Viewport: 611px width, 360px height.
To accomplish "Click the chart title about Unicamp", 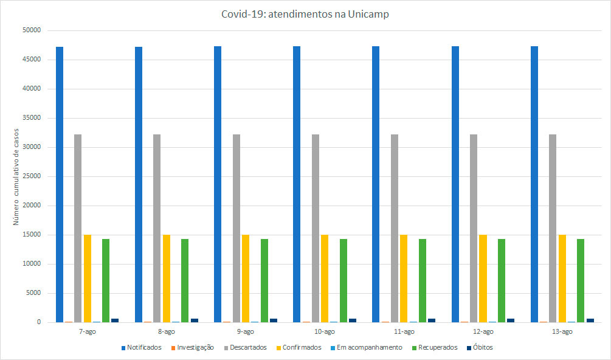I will [305, 15].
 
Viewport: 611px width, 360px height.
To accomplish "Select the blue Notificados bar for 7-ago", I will [60, 182].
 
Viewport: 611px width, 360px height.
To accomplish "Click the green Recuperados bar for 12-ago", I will [502, 280].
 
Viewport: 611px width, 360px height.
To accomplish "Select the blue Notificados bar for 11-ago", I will [376, 182].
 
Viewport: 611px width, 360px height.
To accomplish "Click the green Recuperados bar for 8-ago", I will [185, 280].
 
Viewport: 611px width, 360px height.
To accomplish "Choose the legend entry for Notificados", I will [142, 348].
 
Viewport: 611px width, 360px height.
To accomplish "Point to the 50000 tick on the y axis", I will [31, 30].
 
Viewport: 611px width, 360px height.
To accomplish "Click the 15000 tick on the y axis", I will [31, 235].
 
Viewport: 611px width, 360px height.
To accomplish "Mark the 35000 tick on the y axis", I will [31, 118].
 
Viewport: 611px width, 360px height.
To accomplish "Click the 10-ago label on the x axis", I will [325, 332].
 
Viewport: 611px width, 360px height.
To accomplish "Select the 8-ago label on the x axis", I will [167, 332].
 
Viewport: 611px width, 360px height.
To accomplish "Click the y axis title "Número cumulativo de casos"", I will [16, 176].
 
